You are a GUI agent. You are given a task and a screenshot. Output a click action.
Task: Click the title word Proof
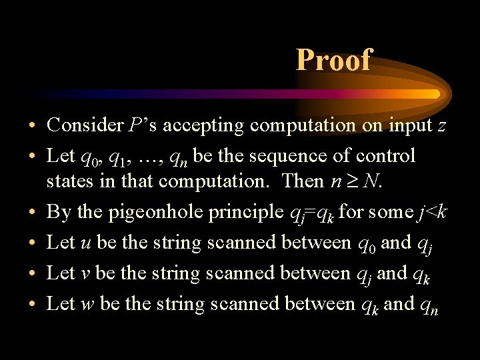(333, 60)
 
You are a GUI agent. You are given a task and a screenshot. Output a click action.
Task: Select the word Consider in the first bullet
(75, 125)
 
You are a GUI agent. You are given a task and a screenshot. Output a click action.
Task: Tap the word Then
(304, 181)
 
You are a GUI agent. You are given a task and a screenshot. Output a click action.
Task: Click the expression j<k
(433, 213)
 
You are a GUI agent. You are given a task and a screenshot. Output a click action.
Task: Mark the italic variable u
(85, 243)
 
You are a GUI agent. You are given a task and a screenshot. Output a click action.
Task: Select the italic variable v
(85, 274)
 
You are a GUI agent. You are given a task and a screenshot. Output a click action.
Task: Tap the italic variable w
(87, 305)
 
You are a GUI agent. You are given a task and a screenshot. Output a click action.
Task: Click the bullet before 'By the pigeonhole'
(31, 213)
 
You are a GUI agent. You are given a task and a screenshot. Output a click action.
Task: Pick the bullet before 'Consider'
(31, 125)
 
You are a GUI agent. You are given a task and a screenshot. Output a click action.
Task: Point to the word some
(386, 213)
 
